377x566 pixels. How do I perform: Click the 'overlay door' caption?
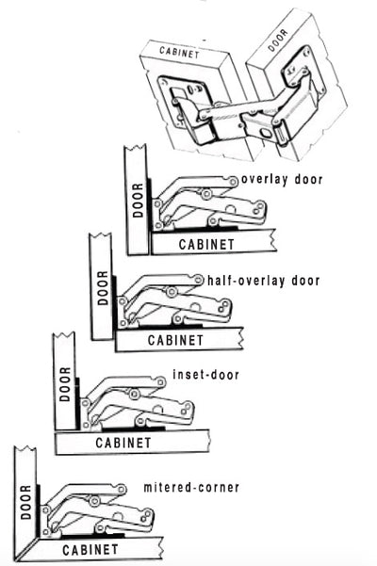[282, 179]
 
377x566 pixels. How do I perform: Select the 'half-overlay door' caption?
[264, 281]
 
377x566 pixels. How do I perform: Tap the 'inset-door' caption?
[205, 374]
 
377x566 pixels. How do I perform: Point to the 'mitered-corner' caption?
[191, 487]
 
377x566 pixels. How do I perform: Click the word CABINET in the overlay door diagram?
[206, 244]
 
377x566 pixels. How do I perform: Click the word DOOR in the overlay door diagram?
[138, 201]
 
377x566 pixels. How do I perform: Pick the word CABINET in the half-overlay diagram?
[175, 340]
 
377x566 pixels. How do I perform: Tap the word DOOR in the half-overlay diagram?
[103, 288]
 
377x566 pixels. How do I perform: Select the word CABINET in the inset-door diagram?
[123, 443]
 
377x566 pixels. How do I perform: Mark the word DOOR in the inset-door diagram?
[65, 384]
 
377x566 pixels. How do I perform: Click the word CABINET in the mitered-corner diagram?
[90, 550]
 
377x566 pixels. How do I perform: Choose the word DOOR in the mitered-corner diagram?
[25, 502]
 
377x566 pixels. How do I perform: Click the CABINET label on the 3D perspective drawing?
[179, 53]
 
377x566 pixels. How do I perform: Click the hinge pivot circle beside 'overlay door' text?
[234, 182]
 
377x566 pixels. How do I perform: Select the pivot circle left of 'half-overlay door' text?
[199, 280]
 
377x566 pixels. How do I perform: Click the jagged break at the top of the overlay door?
[136, 149]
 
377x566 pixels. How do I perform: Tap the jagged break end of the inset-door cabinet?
[208, 441]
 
